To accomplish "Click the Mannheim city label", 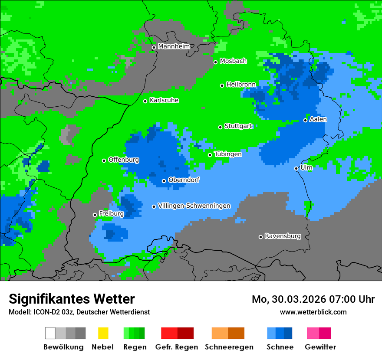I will point(174,46).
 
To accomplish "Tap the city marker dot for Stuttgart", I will point(220,127).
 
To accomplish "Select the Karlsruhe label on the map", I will point(164,100).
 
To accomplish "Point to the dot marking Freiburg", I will point(95,215).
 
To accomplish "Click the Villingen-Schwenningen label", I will point(194,206).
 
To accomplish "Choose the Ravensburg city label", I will point(283,236).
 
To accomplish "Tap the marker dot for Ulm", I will point(296,168).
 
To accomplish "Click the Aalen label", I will point(318,119).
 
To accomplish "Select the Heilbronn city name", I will point(241,84).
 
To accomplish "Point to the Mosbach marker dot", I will point(215,62).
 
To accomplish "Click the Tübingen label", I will point(228,154).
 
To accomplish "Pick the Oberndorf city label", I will point(184,180).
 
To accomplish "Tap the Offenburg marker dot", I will point(104,160).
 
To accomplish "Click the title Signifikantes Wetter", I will point(72,299).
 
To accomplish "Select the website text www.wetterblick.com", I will point(313,312).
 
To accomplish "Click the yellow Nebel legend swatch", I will point(103,333).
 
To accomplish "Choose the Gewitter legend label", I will point(320,347).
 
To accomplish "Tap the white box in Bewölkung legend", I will point(50,333).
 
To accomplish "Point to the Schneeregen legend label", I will point(229,347).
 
